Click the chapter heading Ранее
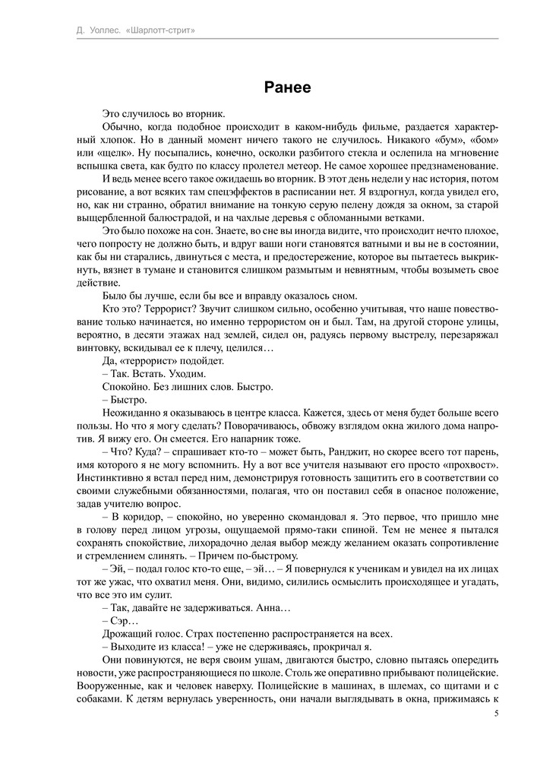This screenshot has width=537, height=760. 288,87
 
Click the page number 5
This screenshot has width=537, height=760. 496,714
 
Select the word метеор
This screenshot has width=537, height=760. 297,166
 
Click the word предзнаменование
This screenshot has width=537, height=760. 446,166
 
